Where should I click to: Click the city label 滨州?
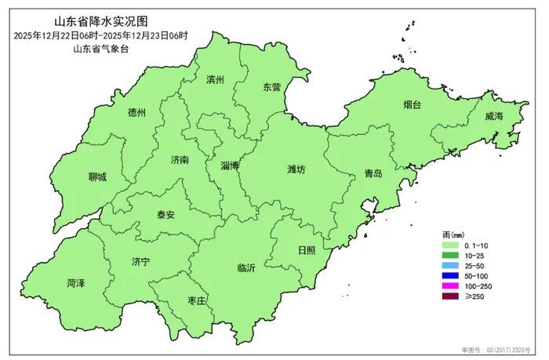tap(215, 80)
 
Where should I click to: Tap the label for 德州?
tap(136, 112)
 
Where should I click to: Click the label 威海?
tap(493, 116)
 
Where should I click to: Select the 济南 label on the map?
tap(180, 159)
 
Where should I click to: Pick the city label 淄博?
tap(230, 165)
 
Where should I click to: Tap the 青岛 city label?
tap(373, 174)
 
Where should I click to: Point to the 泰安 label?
tap(165, 214)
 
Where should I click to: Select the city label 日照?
tap(307, 249)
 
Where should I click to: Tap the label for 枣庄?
tap(196, 301)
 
